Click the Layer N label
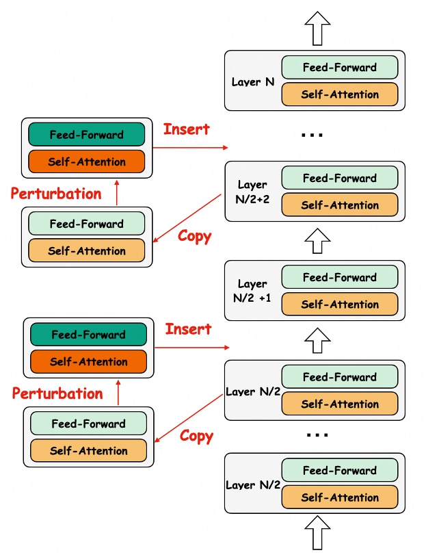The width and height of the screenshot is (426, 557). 253,81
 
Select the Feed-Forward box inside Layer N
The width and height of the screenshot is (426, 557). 339,67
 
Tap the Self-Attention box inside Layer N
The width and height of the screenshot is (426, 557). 339,94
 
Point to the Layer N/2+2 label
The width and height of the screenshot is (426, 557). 252,191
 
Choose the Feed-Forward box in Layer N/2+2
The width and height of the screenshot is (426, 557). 339,178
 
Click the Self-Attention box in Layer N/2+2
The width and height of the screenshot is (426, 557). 339,205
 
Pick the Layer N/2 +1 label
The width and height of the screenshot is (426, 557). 252,290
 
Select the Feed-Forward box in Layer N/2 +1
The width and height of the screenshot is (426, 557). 339,277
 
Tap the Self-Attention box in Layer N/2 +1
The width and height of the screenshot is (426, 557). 339,305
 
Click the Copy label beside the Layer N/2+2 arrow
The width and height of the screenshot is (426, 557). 195,236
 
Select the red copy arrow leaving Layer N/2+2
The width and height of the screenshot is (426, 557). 189,217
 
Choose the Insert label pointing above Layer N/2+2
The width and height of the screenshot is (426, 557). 186,129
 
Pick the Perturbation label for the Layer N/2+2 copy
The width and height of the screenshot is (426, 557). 56,194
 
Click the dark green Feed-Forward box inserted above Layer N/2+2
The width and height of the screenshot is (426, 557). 86,135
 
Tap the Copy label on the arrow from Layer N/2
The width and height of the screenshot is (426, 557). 196,436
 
